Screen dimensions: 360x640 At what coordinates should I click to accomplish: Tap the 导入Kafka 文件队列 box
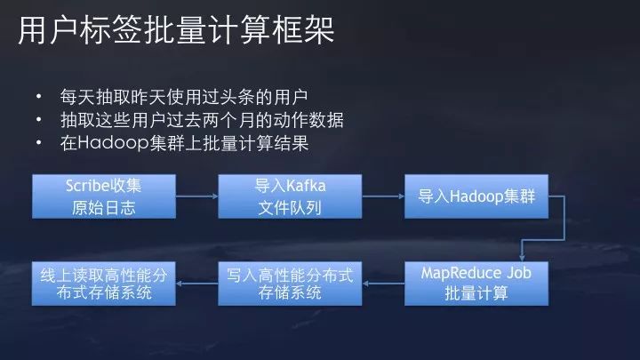click(x=290, y=196)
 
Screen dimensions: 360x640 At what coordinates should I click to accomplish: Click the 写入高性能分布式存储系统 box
click(x=290, y=282)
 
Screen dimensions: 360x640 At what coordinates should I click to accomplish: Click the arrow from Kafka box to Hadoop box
click(x=383, y=196)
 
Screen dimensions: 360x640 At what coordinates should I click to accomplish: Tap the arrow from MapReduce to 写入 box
click(x=383, y=282)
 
